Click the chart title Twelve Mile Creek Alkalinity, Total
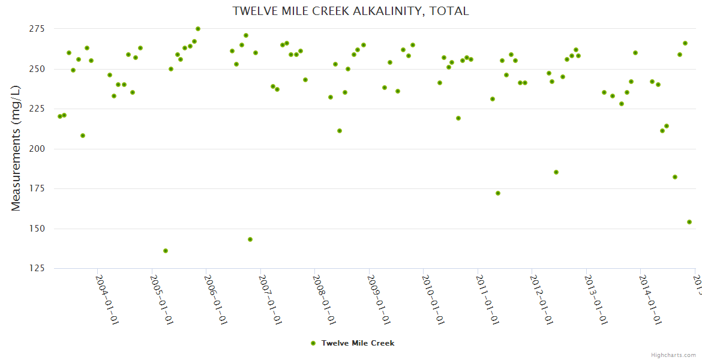[350, 11]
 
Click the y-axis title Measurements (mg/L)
[16, 149]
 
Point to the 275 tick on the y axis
[37, 29]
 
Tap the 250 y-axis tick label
[37, 69]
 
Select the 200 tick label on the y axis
[37, 149]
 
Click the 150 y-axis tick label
[37, 229]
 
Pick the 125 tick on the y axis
[37, 268]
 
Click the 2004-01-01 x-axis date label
[107, 299]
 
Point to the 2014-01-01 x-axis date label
[651, 299]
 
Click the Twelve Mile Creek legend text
[358, 343]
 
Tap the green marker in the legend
[313, 343]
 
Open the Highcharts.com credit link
[673, 355]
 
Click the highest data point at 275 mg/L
[198, 29]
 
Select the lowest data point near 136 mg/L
[166, 251]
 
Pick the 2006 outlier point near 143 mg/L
[250, 239]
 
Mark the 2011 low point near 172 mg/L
[498, 193]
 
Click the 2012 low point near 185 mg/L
[556, 172]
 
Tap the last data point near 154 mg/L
[689, 222]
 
